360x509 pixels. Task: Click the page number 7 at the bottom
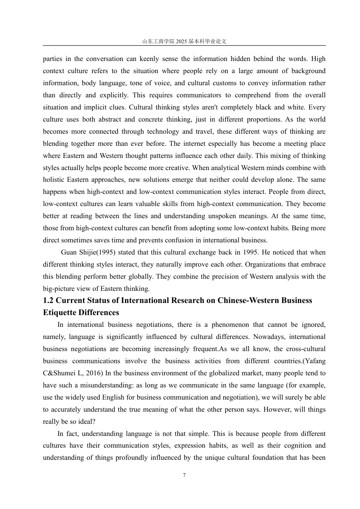tap(184, 475)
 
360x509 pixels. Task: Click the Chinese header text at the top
tap(184, 42)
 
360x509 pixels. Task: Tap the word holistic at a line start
tap(53, 180)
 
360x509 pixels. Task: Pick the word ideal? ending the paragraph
tap(87, 422)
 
